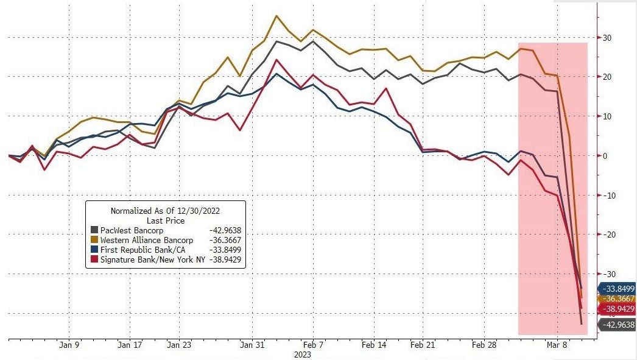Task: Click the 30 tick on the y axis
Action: [x=607, y=38]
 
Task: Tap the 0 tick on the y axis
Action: [x=605, y=156]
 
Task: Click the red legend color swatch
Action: [x=94, y=259]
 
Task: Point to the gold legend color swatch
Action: [x=94, y=241]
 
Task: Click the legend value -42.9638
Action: [x=225, y=231]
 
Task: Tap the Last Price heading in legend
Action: [x=166, y=221]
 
